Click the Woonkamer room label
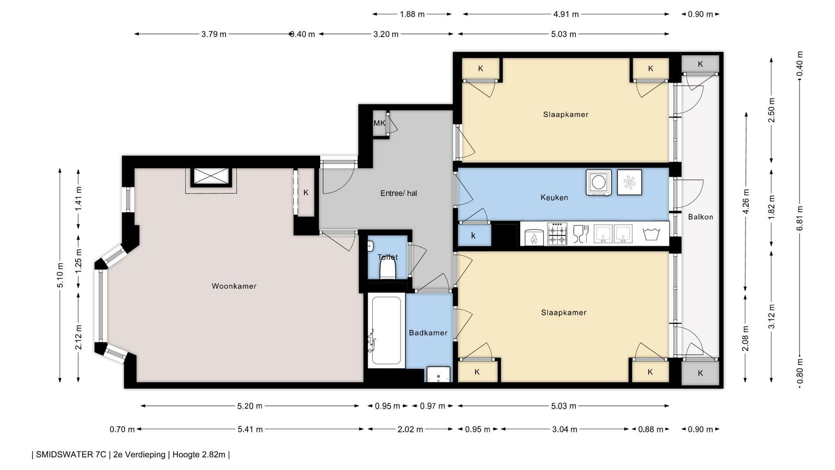click(x=234, y=286)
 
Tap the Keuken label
click(x=554, y=198)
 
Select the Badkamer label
click(x=428, y=333)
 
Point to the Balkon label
click(x=700, y=217)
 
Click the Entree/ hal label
click(x=398, y=193)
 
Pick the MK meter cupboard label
click(x=379, y=123)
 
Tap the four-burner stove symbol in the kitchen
click(x=557, y=234)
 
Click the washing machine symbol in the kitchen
click(x=598, y=182)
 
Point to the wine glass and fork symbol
click(x=581, y=234)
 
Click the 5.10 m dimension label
click(x=60, y=275)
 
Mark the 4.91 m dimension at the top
click(x=566, y=14)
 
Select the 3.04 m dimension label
click(x=564, y=430)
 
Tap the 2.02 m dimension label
click(x=410, y=430)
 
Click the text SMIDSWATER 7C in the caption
click(x=71, y=455)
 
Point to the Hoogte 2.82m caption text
click(x=199, y=455)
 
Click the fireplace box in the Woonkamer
click(x=211, y=177)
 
